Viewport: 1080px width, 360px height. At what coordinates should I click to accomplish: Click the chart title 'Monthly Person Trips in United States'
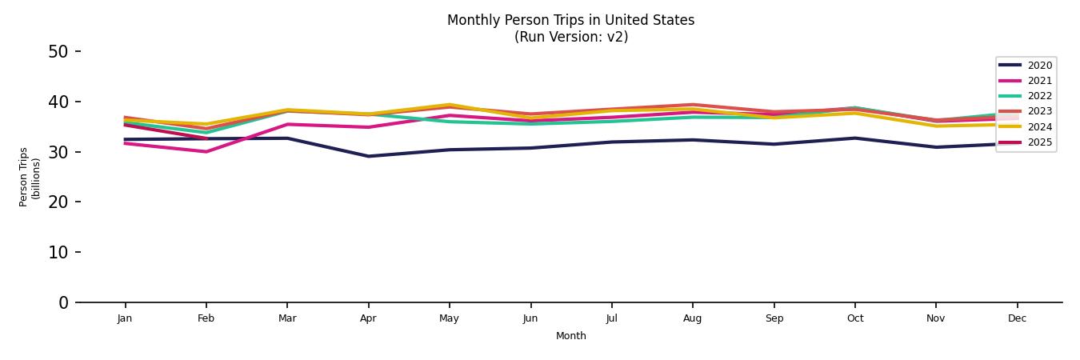[570, 20]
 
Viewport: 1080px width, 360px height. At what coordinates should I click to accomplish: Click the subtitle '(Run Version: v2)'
[570, 37]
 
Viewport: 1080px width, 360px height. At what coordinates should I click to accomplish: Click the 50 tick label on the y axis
[58, 52]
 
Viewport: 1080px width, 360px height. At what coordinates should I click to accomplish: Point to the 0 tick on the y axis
[64, 302]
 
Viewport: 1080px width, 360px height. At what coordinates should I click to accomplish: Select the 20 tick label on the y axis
[58, 202]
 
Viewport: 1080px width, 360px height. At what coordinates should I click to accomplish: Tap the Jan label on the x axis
[125, 318]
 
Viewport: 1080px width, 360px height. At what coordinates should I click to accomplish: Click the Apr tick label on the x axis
[368, 318]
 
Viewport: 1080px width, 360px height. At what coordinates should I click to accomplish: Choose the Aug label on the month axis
[692, 318]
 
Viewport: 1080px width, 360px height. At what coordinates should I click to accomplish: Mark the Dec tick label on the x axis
[1017, 318]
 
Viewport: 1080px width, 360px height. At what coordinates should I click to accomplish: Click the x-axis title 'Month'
[570, 336]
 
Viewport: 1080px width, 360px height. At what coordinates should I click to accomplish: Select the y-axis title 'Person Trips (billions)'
[30, 177]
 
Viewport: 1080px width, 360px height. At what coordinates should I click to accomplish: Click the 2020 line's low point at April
[368, 156]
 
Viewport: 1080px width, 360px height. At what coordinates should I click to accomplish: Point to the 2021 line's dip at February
[206, 151]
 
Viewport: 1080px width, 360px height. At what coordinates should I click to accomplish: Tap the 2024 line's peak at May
[450, 105]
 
